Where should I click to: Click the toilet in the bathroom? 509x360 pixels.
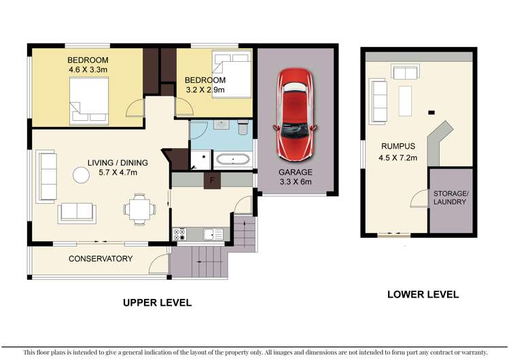point(242,126)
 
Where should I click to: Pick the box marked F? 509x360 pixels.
point(212,180)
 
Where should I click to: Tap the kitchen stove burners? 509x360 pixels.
point(181,234)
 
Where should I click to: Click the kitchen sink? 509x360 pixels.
point(213,235)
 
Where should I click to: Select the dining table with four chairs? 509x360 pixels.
point(139,208)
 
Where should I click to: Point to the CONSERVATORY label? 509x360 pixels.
point(100,259)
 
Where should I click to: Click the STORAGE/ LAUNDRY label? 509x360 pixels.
point(450,198)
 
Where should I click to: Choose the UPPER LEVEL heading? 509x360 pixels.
point(156,302)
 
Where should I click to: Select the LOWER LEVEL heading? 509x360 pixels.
point(423,294)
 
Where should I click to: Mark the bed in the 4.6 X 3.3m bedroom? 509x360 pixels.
point(88,100)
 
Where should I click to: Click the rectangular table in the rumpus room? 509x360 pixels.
point(406,100)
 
